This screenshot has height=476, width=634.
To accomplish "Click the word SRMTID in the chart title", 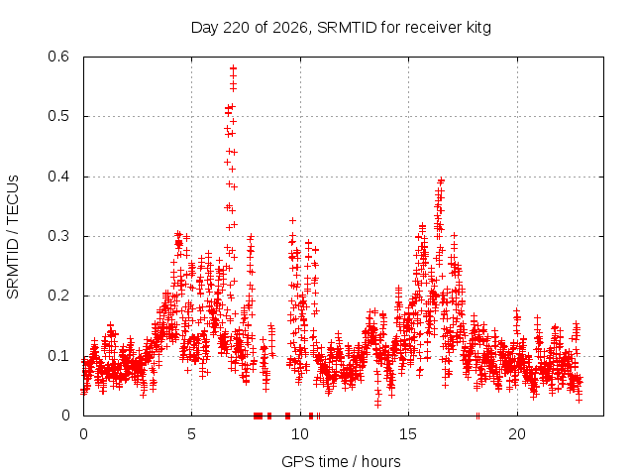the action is point(347,28).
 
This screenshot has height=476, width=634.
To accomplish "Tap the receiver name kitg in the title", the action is point(478,29).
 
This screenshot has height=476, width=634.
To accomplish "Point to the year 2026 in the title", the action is point(290,28).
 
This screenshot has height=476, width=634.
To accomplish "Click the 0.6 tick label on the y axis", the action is point(58,57).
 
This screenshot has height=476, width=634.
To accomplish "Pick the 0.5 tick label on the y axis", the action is point(58,116).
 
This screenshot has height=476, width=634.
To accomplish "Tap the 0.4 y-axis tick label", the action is point(58,177).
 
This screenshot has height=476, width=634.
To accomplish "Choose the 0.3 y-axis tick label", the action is point(58,236).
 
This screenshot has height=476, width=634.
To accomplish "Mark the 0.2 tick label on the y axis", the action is point(58,296).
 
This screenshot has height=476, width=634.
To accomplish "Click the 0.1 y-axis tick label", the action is point(58,356).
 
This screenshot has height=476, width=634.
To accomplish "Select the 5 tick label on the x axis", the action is point(191,434).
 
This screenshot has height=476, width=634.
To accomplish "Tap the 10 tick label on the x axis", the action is point(300,434).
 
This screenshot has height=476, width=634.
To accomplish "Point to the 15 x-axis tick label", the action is point(408,434).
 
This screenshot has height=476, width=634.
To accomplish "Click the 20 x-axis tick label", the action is point(517,434).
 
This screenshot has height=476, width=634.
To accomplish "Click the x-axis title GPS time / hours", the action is point(341,462).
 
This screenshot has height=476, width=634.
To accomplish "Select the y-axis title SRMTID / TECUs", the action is point(13,237).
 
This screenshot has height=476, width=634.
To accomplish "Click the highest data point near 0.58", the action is point(234,68).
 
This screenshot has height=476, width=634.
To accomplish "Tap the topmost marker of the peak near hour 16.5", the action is point(441,180).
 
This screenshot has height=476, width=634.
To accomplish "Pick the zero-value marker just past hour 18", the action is point(477,416).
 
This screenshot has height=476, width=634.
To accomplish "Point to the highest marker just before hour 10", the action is point(292,220).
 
